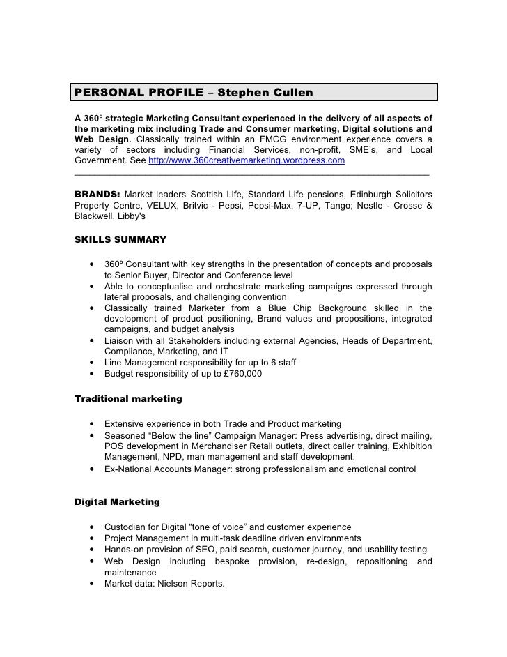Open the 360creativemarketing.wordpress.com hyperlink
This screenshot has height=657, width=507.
[247, 160]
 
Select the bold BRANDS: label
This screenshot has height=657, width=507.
[97, 193]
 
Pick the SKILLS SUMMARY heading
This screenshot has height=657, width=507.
[120, 240]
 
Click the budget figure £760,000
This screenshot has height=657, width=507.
[237, 374]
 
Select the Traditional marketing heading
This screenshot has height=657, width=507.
[128, 399]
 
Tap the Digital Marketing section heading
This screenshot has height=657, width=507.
[117, 501]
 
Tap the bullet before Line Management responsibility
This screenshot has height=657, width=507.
[92, 363]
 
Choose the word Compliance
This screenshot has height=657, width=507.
[130, 352]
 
